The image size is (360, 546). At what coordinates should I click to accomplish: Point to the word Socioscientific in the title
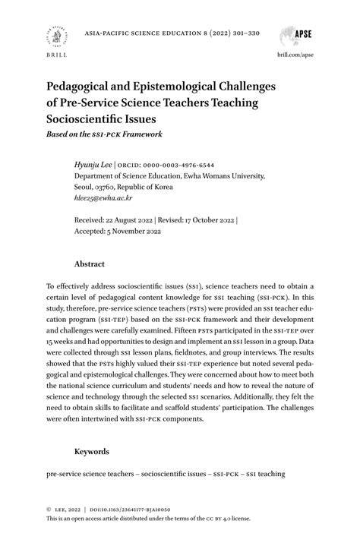[x=92, y=118]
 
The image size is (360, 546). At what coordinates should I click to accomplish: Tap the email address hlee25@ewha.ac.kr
[x=103, y=197]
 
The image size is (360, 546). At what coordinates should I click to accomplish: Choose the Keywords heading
[x=91, y=451]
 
